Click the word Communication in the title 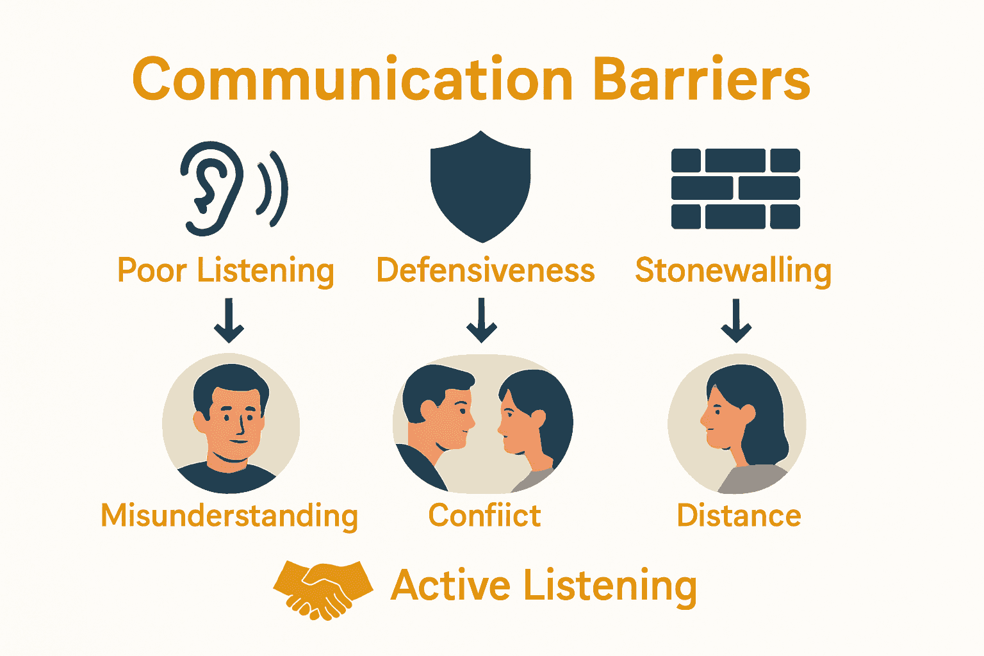pos(353,79)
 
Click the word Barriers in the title pos(702,79)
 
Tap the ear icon pos(211,188)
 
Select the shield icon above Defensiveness pos(480,186)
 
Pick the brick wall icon pos(736,188)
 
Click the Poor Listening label pos(225,271)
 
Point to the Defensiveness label pos(486,270)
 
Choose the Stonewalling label pos(733,271)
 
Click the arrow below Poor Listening pos(229,320)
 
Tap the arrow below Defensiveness pos(482,320)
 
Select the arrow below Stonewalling pos(736,320)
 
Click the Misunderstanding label pos(229,516)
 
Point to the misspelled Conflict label pos(484,515)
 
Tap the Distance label pos(739,515)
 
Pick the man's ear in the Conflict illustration pos(429,410)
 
